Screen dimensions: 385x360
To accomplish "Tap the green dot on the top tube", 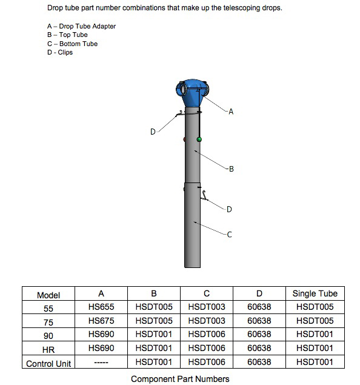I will pyautogui.click(x=199, y=139).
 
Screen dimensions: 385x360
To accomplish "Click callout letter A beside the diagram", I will pyautogui.click(x=231, y=112).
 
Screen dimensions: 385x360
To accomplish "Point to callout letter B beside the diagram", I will pyautogui.click(x=231, y=169).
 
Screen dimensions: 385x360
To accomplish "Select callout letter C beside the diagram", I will pyautogui.click(x=229, y=235).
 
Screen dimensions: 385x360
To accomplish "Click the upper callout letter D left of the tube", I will pyautogui.click(x=153, y=132).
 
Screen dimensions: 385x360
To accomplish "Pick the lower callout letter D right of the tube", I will pyautogui.click(x=229, y=210).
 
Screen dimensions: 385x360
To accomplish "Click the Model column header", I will pyautogui.click(x=48, y=295).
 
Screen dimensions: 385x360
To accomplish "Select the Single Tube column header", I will pyautogui.click(x=315, y=293).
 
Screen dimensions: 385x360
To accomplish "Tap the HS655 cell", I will pyautogui.click(x=101, y=307).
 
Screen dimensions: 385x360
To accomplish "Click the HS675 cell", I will pyautogui.click(x=101, y=321).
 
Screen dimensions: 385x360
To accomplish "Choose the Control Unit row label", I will pyautogui.click(x=48, y=363).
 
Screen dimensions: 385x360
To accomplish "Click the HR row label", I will pyautogui.click(x=48, y=349).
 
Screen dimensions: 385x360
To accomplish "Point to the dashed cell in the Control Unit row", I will pyautogui.click(x=101, y=363).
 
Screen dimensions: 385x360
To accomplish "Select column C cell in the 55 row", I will pyautogui.click(x=207, y=307).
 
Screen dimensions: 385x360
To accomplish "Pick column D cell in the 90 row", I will pyautogui.click(x=259, y=335).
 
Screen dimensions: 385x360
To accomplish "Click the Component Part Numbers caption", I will pyautogui.click(x=180, y=379).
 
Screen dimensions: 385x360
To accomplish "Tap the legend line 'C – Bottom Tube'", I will pyautogui.click(x=72, y=44).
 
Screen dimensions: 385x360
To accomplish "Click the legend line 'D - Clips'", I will pyautogui.click(x=59, y=53).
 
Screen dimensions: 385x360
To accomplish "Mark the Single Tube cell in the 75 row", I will pyautogui.click(x=315, y=321).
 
